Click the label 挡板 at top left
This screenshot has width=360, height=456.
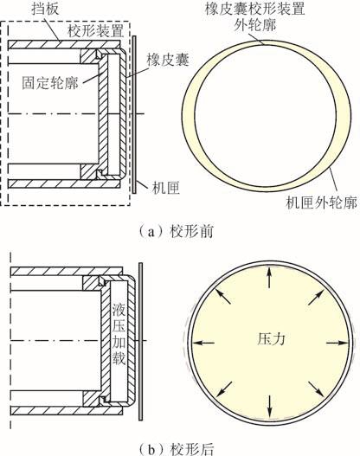(x=45, y=9)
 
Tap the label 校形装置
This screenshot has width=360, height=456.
(x=96, y=31)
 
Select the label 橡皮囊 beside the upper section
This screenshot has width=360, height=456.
(x=168, y=60)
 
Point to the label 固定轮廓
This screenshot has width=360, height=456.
(x=50, y=83)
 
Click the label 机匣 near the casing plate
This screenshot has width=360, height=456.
(x=166, y=188)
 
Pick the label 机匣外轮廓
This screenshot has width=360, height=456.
(x=322, y=202)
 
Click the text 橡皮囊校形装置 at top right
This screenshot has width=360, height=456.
(x=254, y=9)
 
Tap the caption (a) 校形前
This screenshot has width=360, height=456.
(x=177, y=232)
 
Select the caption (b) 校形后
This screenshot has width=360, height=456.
(x=177, y=449)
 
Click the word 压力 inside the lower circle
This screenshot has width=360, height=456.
(x=271, y=339)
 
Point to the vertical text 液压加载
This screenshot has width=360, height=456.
(x=119, y=336)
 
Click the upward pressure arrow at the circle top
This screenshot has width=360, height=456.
(x=269, y=278)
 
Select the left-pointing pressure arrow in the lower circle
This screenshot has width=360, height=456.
(x=203, y=343)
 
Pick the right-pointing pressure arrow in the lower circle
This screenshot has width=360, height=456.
(x=337, y=344)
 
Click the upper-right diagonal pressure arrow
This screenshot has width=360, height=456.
(x=316, y=297)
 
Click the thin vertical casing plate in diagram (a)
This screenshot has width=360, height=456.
(x=134, y=114)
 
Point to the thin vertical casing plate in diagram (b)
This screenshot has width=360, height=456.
(x=141, y=342)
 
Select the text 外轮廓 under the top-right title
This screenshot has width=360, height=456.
(x=254, y=25)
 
